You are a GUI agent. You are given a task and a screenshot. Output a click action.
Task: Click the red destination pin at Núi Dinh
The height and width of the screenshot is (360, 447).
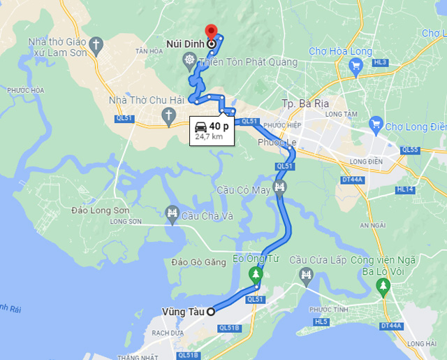point(210,32)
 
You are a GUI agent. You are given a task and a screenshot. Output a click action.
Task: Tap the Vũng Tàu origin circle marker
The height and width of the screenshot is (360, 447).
point(210,311)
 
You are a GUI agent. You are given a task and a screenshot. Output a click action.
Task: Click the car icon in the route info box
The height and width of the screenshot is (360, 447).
point(200,127)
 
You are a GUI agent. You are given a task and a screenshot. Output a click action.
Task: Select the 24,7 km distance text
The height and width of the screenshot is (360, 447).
point(209,137)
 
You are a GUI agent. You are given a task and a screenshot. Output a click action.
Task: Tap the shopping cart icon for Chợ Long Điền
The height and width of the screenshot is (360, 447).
point(375,125)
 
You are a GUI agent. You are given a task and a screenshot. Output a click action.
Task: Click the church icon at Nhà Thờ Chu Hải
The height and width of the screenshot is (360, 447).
point(168,115)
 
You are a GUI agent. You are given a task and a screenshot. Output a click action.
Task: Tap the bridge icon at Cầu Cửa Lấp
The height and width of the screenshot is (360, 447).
point(305,277)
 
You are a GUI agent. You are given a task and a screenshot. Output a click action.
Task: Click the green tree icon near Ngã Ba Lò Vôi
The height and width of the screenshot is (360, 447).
point(382,285)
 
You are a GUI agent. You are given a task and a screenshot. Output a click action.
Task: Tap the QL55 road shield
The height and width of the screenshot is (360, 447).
point(410,150)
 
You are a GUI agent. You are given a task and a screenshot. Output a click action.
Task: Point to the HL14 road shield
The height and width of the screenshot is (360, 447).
point(404,189)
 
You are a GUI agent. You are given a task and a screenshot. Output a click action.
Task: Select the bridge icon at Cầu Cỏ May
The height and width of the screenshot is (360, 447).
point(280,187)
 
